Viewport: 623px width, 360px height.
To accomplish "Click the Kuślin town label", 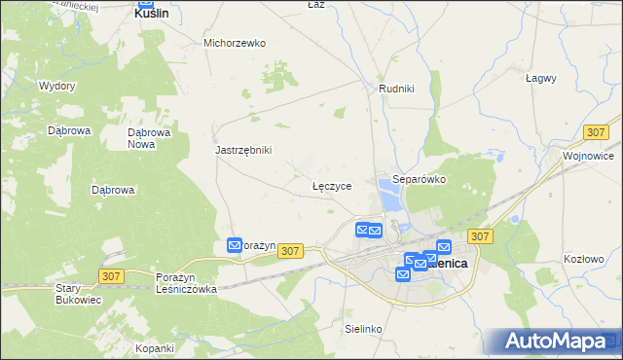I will pyautogui.click(x=151, y=15).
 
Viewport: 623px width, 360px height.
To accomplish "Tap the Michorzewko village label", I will pyautogui.click(x=235, y=43).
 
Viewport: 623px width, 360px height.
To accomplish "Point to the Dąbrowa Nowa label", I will pyautogui.click(x=150, y=138).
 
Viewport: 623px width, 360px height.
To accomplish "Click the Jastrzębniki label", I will pyautogui.click(x=243, y=150).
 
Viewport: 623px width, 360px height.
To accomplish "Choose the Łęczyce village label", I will pyautogui.click(x=331, y=185).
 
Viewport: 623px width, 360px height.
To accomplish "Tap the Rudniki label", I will pyautogui.click(x=396, y=89).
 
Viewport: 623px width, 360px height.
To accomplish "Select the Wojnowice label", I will pyautogui.click(x=587, y=155).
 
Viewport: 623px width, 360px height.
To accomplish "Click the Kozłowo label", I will pyautogui.click(x=585, y=259).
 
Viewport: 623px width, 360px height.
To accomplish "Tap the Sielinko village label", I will pyautogui.click(x=364, y=330).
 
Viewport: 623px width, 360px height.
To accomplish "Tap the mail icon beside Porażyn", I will pyautogui.click(x=235, y=246).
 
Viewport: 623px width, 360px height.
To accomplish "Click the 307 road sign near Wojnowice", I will pyautogui.click(x=597, y=131).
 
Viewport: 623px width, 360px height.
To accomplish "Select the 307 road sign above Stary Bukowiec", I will pyautogui.click(x=111, y=276).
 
